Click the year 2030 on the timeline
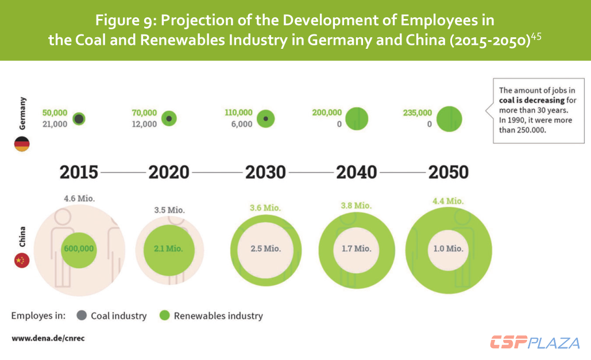click(x=265, y=172)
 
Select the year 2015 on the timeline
click(x=79, y=172)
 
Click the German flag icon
click(x=22, y=144)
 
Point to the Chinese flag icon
click(x=22, y=261)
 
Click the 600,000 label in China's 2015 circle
click(x=79, y=249)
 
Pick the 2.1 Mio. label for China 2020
click(x=168, y=249)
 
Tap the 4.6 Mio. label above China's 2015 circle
click(x=79, y=199)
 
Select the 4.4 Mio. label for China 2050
click(x=447, y=201)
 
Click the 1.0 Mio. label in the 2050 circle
click(x=447, y=249)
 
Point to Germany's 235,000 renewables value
click(x=418, y=113)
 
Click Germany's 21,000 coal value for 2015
click(x=55, y=124)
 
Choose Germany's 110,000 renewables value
click(x=238, y=113)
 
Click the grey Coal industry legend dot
click(x=82, y=316)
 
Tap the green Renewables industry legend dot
click(x=165, y=316)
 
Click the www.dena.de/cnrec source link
click(x=48, y=338)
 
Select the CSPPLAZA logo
click(x=535, y=343)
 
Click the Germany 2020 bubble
click(x=169, y=118)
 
